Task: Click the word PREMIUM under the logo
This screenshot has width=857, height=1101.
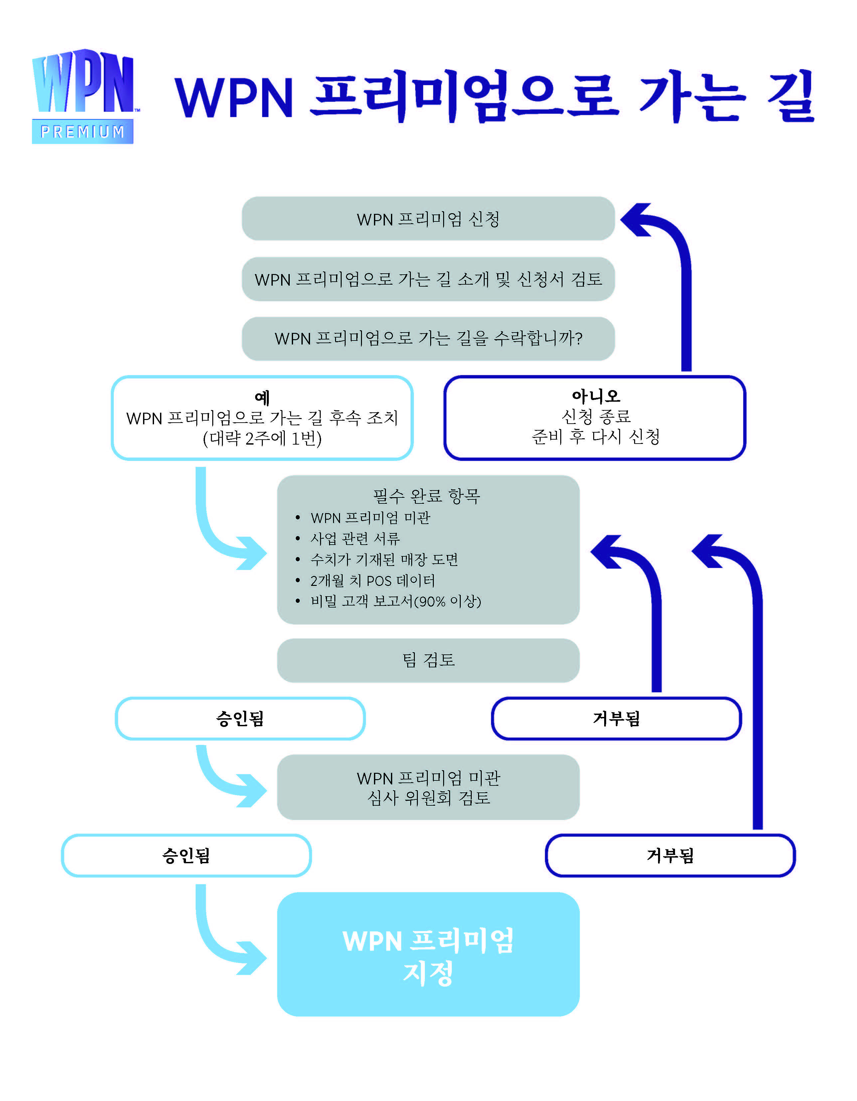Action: pos(83,132)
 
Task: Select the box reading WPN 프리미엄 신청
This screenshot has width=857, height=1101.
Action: pos(428,219)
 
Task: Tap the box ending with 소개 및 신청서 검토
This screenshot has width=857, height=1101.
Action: pos(428,279)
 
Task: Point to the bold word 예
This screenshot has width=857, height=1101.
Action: pos(262,397)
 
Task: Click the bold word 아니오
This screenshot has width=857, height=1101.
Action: pos(596,396)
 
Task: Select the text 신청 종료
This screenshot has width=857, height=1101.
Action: pos(596,416)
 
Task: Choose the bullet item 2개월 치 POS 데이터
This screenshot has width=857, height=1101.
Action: pos(373,580)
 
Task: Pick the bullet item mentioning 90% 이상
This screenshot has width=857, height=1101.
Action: pos(396,601)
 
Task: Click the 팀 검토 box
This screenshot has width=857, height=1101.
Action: pos(428,660)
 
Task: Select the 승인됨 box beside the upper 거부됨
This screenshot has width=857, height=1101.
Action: pos(240,718)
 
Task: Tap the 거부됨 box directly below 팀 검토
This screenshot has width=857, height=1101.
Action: pos(616,718)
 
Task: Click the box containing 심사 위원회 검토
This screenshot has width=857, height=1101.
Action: pos(428,787)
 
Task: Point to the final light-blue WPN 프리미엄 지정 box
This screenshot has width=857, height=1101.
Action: pos(428,954)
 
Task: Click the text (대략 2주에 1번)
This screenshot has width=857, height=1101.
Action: pos(262,438)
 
